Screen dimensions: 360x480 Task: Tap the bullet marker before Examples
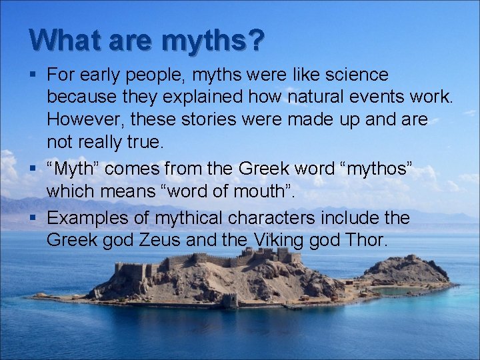click(33, 218)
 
